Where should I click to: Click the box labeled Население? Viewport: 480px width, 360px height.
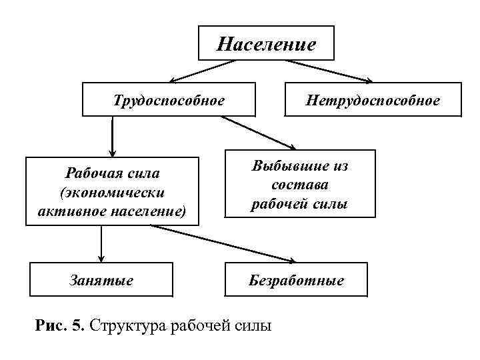[x=266, y=45]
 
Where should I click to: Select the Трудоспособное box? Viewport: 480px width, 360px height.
[x=169, y=100]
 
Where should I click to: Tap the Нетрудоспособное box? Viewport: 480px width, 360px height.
[x=373, y=100]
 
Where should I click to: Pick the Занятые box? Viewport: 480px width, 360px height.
[x=101, y=280]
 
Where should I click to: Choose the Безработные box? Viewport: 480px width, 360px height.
[x=296, y=280]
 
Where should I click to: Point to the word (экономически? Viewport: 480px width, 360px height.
[x=111, y=193]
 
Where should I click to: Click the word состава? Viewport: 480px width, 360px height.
[x=299, y=185]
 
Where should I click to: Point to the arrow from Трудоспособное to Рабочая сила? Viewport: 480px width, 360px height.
[x=113, y=136]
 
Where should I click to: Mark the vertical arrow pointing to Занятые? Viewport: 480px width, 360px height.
[x=101, y=244]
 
